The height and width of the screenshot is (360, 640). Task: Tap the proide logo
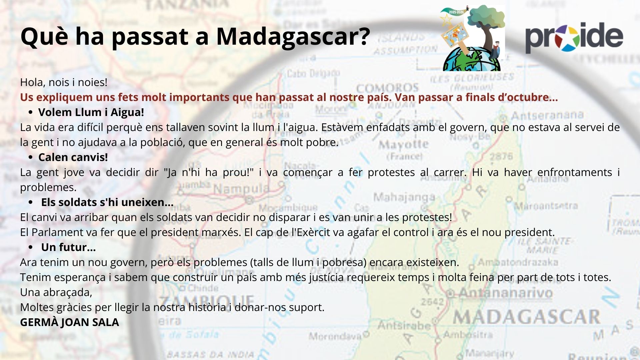pyautogui.click(x=574, y=37)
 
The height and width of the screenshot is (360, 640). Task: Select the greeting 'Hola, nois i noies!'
pyautogui.click(x=64, y=82)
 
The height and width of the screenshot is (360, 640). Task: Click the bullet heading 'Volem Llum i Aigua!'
pyautogui.click(x=91, y=112)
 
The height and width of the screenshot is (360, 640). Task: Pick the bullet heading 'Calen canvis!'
pyautogui.click(x=73, y=157)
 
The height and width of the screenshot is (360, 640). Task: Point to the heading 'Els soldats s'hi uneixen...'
pyautogui.click(x=107, y=202)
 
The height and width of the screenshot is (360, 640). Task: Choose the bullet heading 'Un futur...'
pyautogui.click(x=68, y=247)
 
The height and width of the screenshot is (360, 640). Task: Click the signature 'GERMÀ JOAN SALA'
pyautogui.click(x=70, y=322)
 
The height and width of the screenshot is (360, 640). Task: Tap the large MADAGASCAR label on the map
pyautogui.click(x=526, y=317)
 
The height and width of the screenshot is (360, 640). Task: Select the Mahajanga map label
pyautogui.click(x=404, y=197)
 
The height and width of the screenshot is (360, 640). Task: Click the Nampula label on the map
pyautogui.click(x=241, y=189)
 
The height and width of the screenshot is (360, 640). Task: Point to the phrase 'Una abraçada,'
pyautogui.click(x=56, y=292)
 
